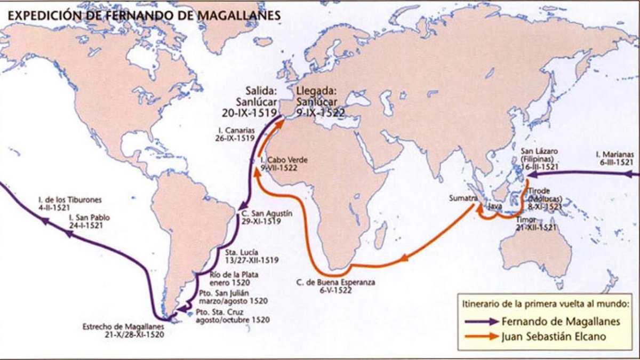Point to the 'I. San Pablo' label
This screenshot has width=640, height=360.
pyautogui.click(x=86, y=221)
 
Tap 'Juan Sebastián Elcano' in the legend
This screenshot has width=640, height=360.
pyautogui.click(x=555, y=337)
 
